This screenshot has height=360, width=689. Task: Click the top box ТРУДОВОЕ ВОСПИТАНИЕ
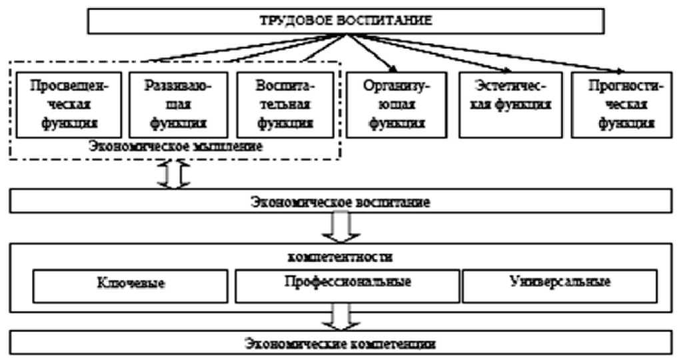coord(345,20)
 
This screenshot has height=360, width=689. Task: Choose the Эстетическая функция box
coord(508,104)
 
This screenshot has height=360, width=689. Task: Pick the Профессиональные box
coord(344,283)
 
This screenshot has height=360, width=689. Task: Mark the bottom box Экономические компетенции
coord(344,344)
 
